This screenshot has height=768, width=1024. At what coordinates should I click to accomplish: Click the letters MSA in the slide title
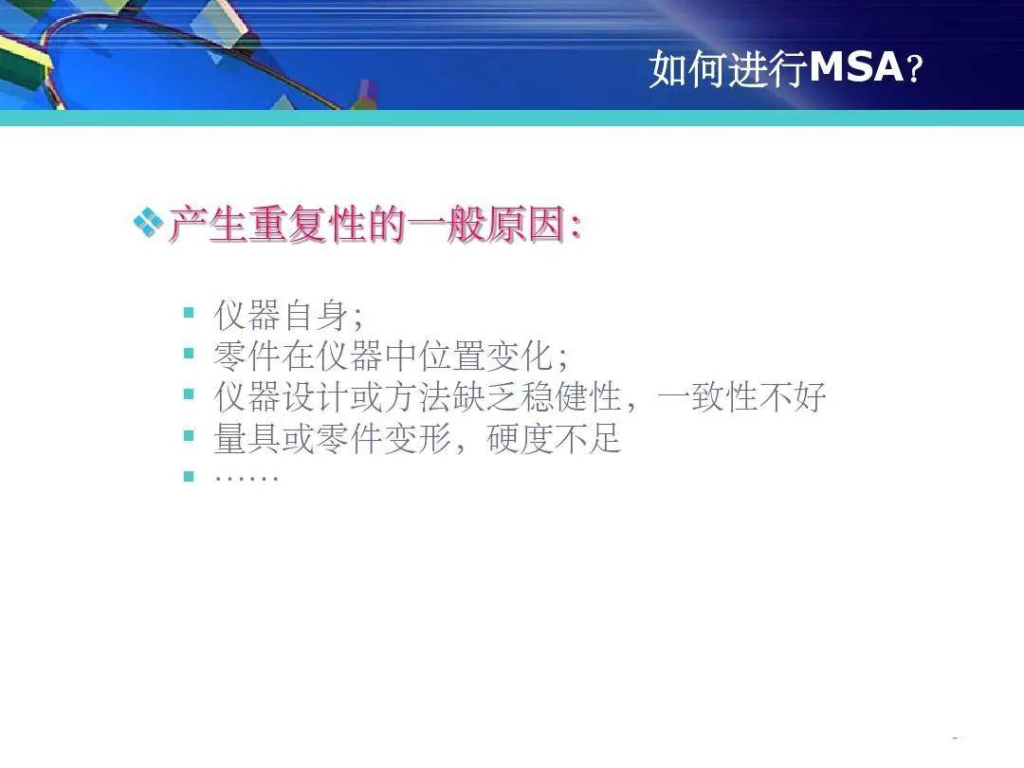(x=857, y=66)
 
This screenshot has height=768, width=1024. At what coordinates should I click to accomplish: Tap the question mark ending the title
(x=914, y=68)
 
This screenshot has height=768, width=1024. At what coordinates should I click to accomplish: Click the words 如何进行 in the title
(x=729, y=68)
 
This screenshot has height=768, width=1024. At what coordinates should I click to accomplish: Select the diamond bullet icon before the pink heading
(x=148, y=223)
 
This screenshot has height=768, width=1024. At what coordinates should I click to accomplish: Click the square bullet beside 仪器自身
(x=189, y=312)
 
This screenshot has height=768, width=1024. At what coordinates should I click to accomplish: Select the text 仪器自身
(x=282, y=314)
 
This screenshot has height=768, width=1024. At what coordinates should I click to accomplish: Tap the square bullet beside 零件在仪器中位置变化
(x=189, y=354)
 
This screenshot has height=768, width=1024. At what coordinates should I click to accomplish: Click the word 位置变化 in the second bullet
(x=485, y=356)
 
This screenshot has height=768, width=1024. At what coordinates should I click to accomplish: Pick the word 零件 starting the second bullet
(x=247, y=356)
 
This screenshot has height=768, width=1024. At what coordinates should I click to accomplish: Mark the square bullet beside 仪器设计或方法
(x=189, y=393)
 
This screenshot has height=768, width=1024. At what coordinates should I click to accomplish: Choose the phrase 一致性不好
(x=741, y=397)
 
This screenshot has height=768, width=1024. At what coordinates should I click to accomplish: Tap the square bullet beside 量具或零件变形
(x=189, y=435)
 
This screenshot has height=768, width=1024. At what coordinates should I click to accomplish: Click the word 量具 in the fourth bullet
(x=247, y=438)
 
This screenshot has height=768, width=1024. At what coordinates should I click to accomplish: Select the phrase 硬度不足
(x=554, y=438)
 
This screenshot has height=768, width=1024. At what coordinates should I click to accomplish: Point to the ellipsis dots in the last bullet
(x=247, y=479)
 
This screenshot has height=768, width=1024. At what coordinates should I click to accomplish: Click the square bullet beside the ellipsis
(x=189, y=476)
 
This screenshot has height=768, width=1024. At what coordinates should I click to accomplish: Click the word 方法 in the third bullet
(x=417, y=397)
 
